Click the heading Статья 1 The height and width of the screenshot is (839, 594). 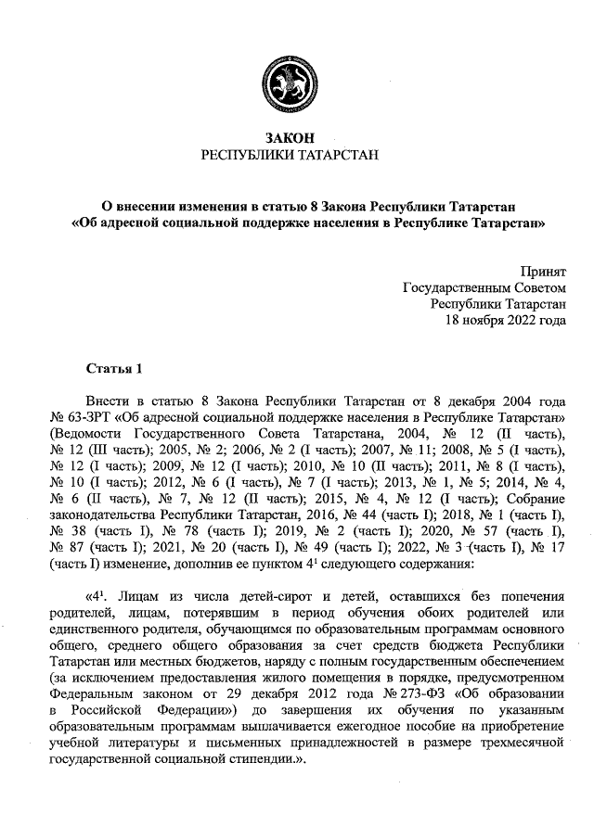pos(114,369)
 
